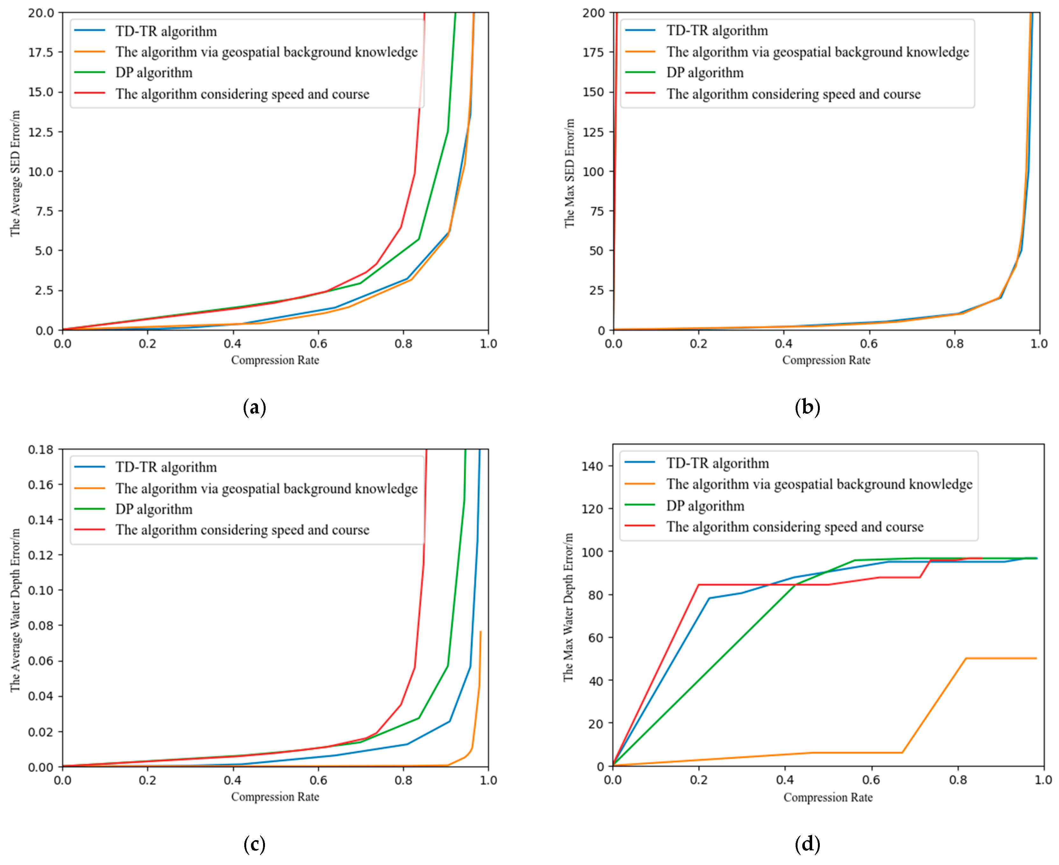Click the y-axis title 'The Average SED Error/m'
point(16,173)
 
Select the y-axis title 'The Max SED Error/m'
point(569,173)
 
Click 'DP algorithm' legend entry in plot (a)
point(154,73)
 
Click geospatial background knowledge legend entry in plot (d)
point(819,484)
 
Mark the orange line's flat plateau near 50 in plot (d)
point(1002,658)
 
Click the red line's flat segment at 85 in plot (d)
point(757,584)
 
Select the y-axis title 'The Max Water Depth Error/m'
point(568,607)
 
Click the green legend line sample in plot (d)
point(640,505)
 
